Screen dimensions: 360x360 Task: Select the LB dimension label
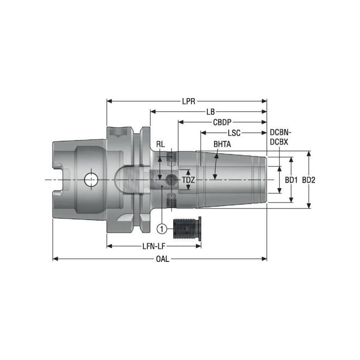coord(210,112)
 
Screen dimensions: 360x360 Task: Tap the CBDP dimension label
coord(222,122)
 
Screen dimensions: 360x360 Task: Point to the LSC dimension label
coord(234,133)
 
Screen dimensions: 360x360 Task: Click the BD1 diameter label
coord(292,180)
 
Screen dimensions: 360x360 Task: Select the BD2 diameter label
coord(309,180)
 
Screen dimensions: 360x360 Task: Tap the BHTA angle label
coord(222,144)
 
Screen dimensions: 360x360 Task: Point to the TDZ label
coord(189,180)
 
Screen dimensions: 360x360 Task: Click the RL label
coord(160,144)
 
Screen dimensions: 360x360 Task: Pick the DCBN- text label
coord(280,133)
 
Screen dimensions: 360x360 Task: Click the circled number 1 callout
coord(162,229)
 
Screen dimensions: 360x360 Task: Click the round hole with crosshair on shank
coord(90,180)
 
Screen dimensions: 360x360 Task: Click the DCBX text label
coord(279,141)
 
